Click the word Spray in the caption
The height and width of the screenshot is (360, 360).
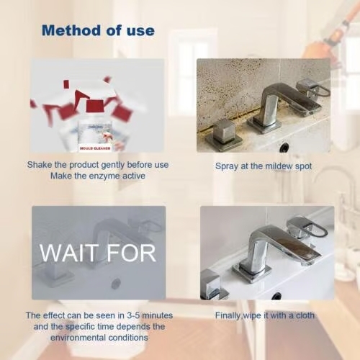coord(227,166)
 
